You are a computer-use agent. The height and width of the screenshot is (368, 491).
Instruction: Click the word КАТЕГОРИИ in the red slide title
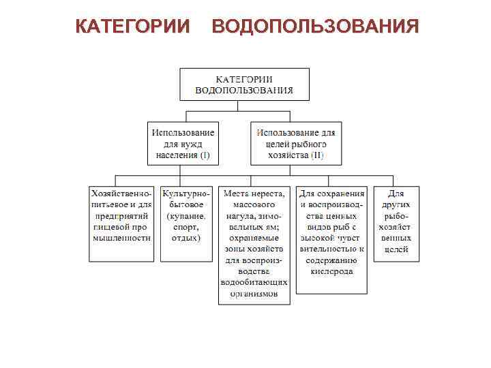pos(133,27)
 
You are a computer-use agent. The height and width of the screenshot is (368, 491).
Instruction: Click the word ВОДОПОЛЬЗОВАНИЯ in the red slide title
pos(315,27)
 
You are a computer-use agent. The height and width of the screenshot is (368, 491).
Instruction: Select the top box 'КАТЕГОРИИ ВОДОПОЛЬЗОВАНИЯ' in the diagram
pos(244,84)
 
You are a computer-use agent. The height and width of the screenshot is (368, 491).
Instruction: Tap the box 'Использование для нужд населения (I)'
pos(183,144)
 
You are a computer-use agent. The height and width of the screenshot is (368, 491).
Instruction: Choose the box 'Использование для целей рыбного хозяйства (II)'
pos(297,144)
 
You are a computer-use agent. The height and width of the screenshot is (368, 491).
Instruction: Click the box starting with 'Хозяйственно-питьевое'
pos(121,224)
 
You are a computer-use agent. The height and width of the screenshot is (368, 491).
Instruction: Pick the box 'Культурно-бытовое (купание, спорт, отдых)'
pos(185,224)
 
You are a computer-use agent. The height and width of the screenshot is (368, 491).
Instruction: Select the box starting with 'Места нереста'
pos(254,244)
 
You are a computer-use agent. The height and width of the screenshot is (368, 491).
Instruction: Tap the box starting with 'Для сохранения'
pos(332,239)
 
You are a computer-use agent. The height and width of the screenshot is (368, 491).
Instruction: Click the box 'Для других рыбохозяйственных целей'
pos(396,224)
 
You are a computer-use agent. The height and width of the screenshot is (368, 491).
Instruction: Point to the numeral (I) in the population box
pos(205,155)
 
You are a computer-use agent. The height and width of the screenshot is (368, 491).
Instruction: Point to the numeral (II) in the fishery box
pos(317,155)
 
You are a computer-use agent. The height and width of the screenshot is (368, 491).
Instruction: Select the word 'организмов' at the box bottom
pos(254,294)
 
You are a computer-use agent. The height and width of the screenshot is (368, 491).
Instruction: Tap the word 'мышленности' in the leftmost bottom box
pos(121,239)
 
